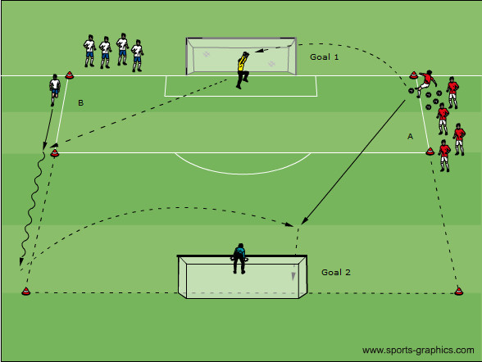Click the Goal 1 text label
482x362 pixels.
(325, 57)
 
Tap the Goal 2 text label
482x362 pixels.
(336, 272)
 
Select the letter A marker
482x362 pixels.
(410, 136)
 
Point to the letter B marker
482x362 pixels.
(81, 102)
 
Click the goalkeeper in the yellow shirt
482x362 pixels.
(243, 70)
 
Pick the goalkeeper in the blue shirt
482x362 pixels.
(239, 259)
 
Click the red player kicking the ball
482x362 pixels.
(425, 83)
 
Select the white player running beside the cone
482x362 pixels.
(55, 89)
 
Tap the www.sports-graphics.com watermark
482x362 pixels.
(418, 350)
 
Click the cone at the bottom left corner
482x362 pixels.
(26, 291)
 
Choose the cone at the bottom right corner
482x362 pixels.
(459, 291)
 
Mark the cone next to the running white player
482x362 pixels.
(69, 75)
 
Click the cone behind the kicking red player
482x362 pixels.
(413, 75)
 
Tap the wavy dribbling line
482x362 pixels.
(32, 206)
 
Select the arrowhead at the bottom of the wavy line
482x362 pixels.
(21, 261)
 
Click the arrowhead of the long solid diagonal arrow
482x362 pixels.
(303, 220)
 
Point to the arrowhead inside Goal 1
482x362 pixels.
(259, 50)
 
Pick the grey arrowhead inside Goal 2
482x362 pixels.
(293, 276)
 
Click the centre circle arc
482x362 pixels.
(243, 174)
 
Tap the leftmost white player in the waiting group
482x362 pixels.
(89, 51)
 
